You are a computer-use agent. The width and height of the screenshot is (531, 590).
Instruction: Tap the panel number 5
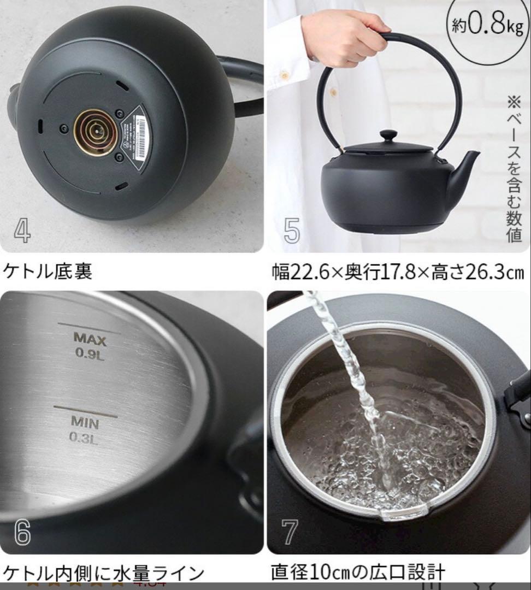click(292, 231)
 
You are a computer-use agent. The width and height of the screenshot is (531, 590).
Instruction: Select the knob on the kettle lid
click(389, 136)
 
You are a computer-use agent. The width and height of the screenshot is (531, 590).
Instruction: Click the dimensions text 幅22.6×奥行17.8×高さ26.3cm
click(398, 272)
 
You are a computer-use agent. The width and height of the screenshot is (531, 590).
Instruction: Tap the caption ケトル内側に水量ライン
click(104, 573)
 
